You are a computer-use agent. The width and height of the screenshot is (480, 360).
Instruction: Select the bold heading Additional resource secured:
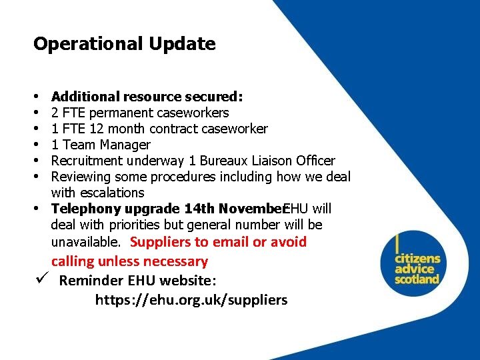[x=147, y=97]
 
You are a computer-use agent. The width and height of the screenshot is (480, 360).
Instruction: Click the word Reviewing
[x=81, y=177]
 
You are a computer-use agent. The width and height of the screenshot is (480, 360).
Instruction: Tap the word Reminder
[x=90, y=280]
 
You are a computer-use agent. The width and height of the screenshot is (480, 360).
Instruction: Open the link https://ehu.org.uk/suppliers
[x=191, y=300]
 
